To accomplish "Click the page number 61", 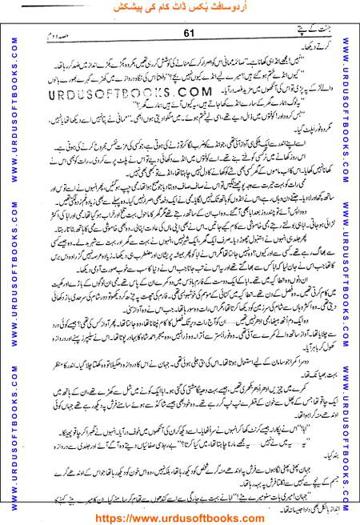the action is pos(189,33).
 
